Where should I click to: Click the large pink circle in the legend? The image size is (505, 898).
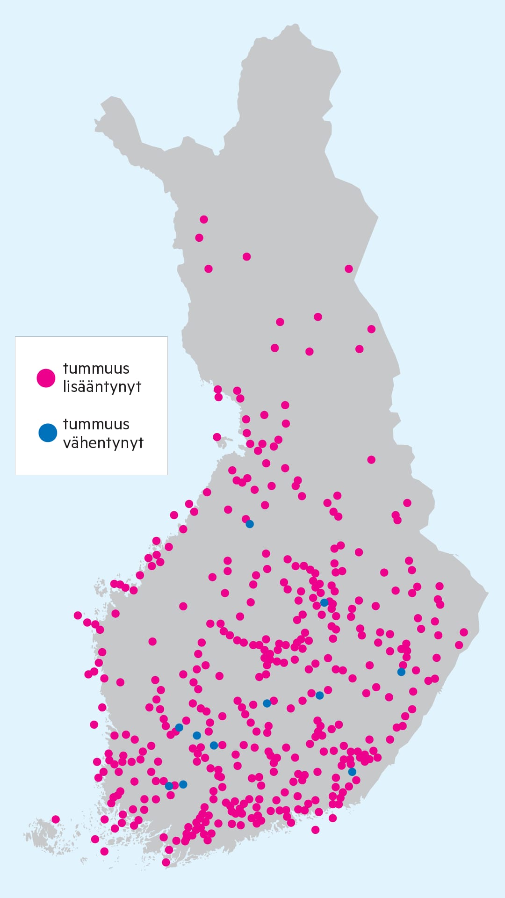point(46,378)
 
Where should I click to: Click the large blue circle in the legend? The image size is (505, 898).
point(47,433)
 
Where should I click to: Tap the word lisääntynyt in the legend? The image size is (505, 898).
point(102,387)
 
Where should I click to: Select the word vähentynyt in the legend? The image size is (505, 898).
point(103,443)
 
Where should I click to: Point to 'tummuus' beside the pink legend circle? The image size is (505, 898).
point(96,369)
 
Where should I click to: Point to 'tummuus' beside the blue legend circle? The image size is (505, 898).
point(96,424)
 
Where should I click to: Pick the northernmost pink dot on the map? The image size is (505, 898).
point(204,219)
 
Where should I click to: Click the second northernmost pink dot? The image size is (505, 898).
point(199,238)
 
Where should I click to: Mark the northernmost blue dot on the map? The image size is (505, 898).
point(250,524)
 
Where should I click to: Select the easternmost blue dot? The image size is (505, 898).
point(401,672)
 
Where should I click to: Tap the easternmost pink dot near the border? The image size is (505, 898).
point(464,632)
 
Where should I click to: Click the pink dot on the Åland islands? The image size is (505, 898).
point(56,819)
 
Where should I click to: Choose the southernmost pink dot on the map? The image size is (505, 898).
point(166,862)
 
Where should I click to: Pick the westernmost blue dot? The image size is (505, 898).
point(169,786)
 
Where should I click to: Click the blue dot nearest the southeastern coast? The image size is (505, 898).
point(352,772)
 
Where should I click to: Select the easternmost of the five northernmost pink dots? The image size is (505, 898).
point(349,268)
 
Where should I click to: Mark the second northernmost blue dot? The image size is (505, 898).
point(324,602)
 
